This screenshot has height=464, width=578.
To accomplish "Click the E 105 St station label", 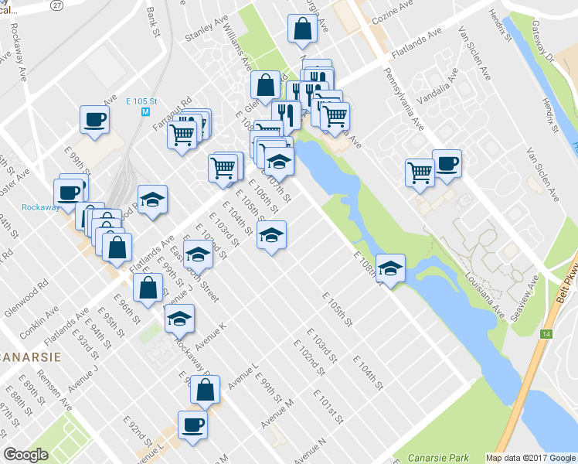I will point(141,101).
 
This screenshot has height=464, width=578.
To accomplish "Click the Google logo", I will point(26,455).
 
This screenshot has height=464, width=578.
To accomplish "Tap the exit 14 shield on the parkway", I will point(546,333).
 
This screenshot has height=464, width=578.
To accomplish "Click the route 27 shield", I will point(56,5).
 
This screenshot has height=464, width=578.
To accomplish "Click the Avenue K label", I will point(209,333).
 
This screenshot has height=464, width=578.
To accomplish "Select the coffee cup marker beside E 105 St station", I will point(94,119).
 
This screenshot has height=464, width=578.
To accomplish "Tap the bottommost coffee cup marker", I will point(192,424).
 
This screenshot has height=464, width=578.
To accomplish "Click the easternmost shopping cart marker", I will point(420,171).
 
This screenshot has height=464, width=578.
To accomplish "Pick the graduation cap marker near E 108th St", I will point(391,268).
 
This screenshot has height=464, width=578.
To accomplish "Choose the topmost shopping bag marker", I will point(301,29).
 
